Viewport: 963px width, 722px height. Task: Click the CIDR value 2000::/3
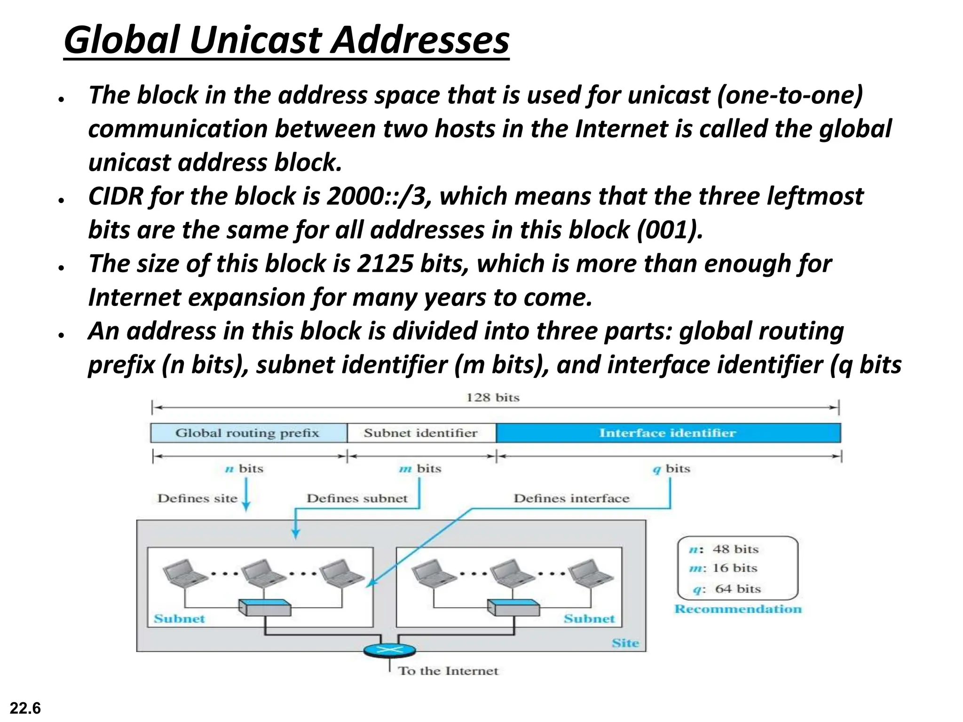[x=378, y=196]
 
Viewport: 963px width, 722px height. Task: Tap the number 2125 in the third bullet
[x=385, y=264]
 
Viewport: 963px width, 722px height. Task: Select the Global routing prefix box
[x=248, y=433]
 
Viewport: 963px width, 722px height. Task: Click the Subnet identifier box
[x=421, y=433]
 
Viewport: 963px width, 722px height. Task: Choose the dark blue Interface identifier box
[x=668, y=433]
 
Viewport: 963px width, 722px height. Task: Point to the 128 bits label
[x=493, y=398]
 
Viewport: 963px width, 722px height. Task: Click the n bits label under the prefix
[x=244, y=469]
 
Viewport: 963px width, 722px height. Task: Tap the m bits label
[x=420, y=469]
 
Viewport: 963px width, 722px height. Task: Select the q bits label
[x=671, y=469]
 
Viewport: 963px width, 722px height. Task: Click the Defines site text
[x=197, y=498]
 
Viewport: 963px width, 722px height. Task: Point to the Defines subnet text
[x=357, y=498]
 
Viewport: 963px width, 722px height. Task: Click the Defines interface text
[x=571, y=498]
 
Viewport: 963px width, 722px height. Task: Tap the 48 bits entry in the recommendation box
[x=735, y=549]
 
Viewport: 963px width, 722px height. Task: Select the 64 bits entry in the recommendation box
[x=737, y=589]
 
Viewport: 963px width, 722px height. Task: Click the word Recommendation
[x=738, y=609]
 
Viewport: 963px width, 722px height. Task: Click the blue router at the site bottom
[x=390, y=651]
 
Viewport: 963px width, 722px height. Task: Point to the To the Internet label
[x=448, y=671]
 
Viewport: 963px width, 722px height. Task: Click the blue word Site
[x=625, y=643]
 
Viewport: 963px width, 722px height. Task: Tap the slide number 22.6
[x=25, y=708]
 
